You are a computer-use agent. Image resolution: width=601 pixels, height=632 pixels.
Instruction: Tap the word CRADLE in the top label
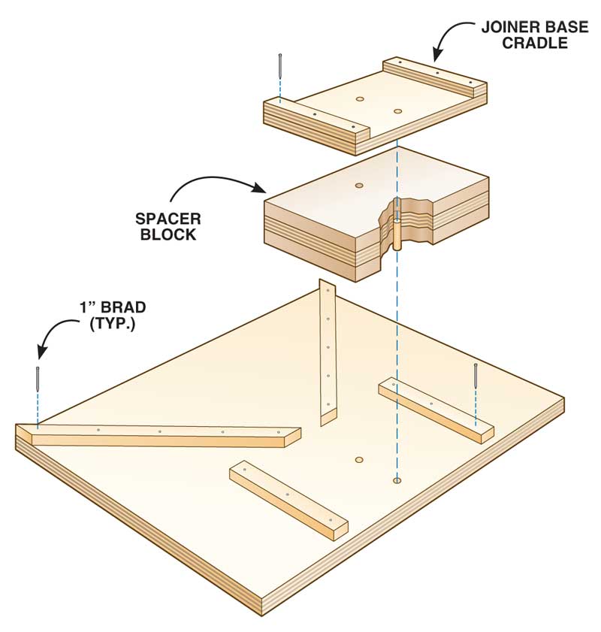(x=536, y=43)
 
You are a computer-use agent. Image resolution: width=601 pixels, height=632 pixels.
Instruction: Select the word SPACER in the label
(x=168, y=219)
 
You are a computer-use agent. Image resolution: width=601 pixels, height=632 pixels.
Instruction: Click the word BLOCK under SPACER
(x=168, y=234)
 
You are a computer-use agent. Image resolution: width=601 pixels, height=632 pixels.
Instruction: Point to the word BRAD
(x=123, y=307)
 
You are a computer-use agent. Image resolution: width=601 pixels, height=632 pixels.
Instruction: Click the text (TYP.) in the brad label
(x=113, y=323)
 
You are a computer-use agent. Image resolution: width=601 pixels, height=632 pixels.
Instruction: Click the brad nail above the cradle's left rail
(x=279, y=65)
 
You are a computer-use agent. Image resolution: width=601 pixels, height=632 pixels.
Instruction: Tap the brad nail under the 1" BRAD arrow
(x=38, y=379)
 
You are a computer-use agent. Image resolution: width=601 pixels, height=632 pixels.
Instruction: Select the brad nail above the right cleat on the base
(x=476, y=375)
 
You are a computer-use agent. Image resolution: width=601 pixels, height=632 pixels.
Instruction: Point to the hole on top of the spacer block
(x=359, y=186)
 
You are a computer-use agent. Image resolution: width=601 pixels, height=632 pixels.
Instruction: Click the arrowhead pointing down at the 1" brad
(x=41, y=351)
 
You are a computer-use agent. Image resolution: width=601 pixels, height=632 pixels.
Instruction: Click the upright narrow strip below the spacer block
(x=328, y=352)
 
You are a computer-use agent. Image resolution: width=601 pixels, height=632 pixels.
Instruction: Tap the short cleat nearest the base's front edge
(x=288, y=500)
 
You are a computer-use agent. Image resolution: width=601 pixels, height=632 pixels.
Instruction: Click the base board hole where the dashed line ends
(x=397, y=480)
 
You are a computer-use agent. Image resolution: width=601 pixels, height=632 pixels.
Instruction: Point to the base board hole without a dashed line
(x=359, y=460)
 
